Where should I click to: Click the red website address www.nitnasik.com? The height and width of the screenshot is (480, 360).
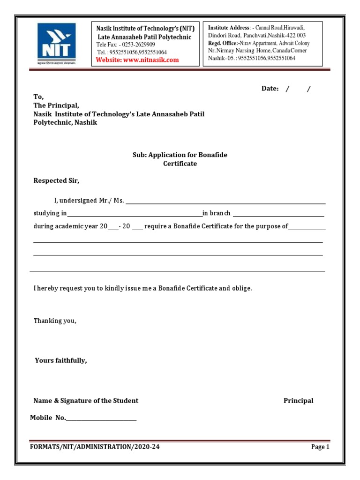137,60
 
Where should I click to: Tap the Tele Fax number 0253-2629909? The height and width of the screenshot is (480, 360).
138,45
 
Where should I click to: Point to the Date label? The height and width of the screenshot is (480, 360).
270,89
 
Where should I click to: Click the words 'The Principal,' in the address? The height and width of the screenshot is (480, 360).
56,105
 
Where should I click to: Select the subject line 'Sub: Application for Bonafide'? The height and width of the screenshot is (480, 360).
180,155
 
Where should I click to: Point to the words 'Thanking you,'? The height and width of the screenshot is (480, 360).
54,321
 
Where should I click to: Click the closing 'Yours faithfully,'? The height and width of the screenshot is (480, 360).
61,360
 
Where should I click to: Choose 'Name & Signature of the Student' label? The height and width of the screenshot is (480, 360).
86,401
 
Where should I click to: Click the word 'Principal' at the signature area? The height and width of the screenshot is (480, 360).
298,401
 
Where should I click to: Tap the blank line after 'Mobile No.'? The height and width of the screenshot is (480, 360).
101,419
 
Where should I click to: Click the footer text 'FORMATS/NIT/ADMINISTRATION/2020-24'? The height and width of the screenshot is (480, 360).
95,447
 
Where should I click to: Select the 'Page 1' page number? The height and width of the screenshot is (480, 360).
320,447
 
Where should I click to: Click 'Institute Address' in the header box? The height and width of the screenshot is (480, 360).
228,28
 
